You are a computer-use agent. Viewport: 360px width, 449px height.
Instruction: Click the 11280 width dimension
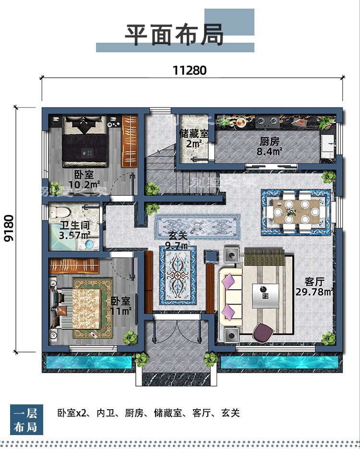[190, 70]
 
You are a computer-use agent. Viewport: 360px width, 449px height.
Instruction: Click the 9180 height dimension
[9, 228]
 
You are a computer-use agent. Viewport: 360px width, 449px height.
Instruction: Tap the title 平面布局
[174, 35]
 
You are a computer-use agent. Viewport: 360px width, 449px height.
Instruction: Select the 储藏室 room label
[194, 134]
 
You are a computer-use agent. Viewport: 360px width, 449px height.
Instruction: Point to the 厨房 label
[269, 142]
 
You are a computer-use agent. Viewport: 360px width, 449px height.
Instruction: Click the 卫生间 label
[75, 225]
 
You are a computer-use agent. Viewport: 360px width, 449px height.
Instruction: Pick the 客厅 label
[314, 282]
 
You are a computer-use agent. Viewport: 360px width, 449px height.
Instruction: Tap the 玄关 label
[178, 236]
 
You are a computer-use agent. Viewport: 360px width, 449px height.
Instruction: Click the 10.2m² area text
[84, 184]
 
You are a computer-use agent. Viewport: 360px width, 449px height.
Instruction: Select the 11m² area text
[121, 311]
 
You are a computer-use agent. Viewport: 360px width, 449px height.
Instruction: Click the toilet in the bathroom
[60, 212]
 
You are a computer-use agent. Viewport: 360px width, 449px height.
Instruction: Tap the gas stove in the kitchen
[267, 121]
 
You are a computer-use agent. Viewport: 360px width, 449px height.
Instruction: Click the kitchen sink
[328, 146]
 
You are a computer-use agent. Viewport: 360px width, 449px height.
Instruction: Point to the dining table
[296, 212]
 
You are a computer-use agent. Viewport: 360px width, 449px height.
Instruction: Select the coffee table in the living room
[265, 296]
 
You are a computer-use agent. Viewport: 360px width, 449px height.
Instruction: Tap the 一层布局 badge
[26, 420]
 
